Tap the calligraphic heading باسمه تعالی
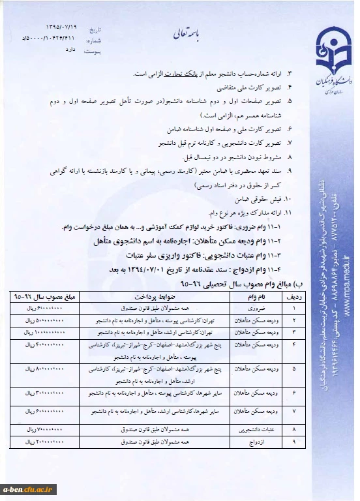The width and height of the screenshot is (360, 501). pos(188,31)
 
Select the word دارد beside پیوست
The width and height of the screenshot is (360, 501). pos(72,49)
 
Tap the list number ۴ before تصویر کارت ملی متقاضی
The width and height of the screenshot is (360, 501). pos(289,87)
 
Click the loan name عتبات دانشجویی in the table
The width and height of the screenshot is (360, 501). pos(253,430)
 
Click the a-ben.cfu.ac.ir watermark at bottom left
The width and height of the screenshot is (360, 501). pos(29,489)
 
